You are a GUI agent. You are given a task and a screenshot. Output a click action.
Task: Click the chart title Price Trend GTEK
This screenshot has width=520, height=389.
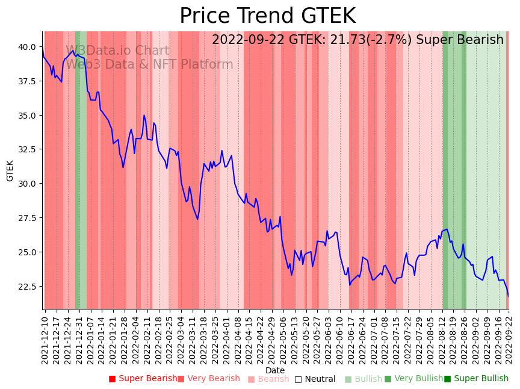tap(267, 16)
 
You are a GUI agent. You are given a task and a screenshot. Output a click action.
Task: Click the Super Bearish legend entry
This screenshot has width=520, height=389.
tap(142, 379)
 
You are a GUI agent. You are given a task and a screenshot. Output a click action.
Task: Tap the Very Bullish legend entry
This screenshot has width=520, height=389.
tap(413, 379)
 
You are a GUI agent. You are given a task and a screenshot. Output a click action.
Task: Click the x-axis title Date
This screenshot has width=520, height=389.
tap(275, 370)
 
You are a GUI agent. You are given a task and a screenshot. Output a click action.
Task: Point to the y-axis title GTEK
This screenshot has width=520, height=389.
tap(10, 170)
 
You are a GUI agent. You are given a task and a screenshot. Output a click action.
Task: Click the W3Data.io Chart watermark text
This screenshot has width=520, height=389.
tap(117, 51)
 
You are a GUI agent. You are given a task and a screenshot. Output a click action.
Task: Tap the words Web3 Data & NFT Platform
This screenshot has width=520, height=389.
tap(149, 64)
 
